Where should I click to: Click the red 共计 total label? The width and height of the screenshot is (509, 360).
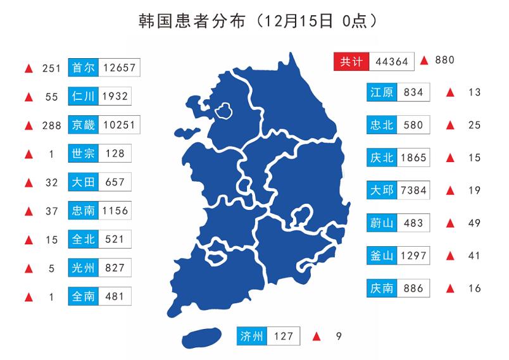click(x=351, y=61)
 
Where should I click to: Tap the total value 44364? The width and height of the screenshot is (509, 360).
click(x=391, y=61)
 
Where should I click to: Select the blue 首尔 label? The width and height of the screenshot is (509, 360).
click(x=82, y=68)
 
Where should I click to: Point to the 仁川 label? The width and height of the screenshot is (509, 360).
click(x=82, y=96)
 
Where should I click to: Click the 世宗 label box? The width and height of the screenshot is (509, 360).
click(x=82, y=154)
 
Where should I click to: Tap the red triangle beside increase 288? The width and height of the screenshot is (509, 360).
click(x=28, y=125)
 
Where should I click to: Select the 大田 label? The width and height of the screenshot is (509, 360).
click(x=82, y=182)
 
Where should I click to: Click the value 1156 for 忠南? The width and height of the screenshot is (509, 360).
click(x=115, y=211)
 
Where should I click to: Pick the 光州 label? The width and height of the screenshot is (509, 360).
click(x=82, y=268)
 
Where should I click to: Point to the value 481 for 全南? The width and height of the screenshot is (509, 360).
click(x=115, y=296)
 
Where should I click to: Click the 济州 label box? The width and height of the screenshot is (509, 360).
click(x=252, y=336)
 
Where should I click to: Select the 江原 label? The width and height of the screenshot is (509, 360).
click(x=382, y=92)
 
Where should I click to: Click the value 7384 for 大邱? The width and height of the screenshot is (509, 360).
click(x=414, y=190)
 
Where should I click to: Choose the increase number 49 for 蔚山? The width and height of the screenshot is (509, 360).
click(x=475, y=223)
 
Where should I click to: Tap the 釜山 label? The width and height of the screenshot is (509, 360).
click(x=382, y=256)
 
